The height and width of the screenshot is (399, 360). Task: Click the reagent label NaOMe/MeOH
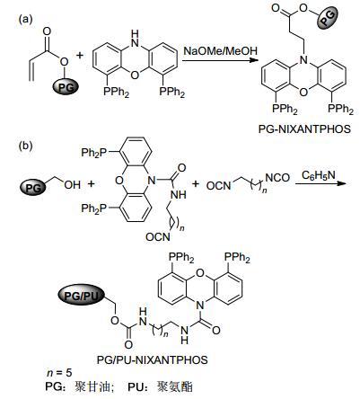tap(220, 50)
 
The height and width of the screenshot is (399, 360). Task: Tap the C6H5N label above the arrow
tap(318, 175)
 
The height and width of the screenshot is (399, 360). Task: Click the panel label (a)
tap(25, 20)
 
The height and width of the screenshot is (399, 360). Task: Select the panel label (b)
tap(25, 146)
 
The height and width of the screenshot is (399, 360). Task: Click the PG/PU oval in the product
tap(82, 296)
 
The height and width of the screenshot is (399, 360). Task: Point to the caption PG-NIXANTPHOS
tap(304, 129)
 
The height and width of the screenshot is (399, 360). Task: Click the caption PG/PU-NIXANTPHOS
tap(153, 359)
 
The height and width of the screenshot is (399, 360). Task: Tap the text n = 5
tap(59, 373)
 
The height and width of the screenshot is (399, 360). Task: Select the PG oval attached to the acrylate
tap(66, 87)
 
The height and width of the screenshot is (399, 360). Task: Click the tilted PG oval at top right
tap(328, 17)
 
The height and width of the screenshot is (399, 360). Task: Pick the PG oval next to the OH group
tap(33, 188)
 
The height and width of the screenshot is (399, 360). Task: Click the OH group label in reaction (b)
tap(73, 185)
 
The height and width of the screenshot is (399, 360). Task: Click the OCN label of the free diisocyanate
tap(218, 186)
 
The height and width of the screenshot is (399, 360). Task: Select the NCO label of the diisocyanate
tap(277, 178)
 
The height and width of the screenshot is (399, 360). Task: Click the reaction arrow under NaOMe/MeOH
tap(220, 61)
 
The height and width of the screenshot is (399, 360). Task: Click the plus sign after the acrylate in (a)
tap(80, 56)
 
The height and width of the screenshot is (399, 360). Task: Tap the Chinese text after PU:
tap(175, 386)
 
